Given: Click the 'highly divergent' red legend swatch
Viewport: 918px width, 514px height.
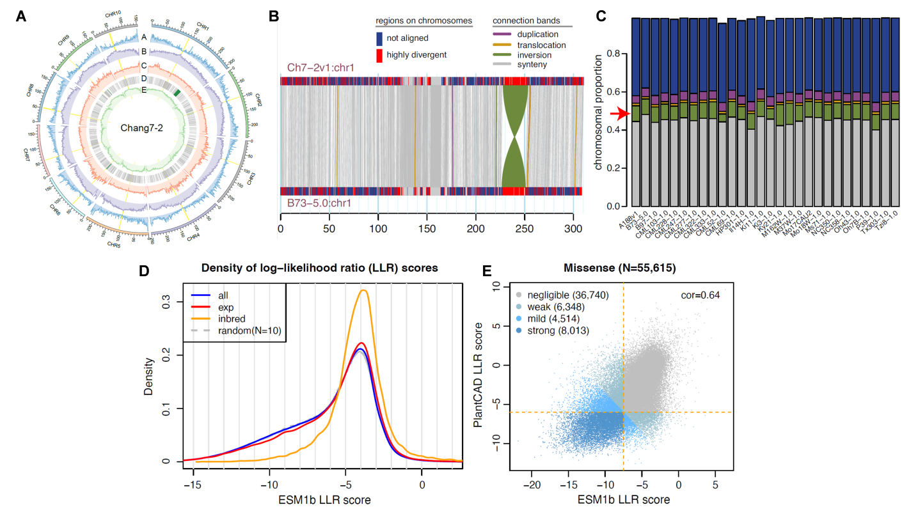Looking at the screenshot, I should click(x=379, y=55).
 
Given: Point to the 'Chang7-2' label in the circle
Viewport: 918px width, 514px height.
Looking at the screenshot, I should click(x=141, y=127).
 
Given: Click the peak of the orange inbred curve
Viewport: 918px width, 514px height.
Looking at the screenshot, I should click(x=364, y=291).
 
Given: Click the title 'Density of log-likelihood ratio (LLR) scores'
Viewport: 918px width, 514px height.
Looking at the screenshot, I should click(x=320, y=269).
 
